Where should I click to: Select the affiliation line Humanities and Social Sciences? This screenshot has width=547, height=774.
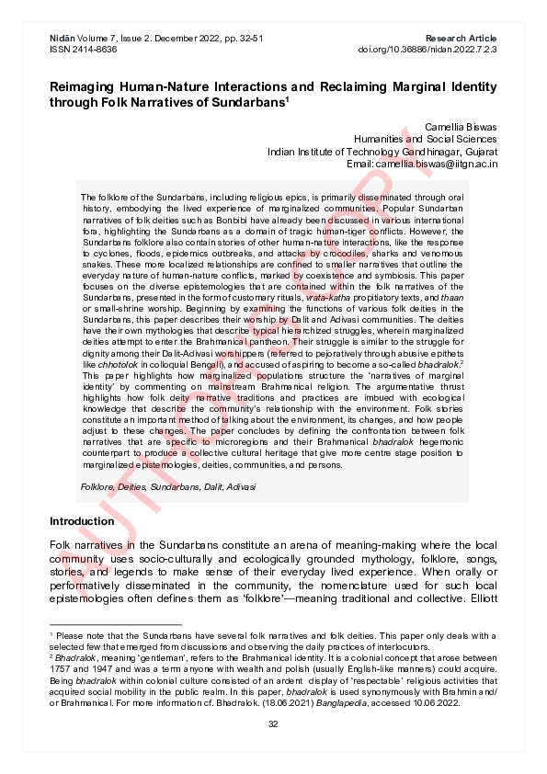tap(426, 139)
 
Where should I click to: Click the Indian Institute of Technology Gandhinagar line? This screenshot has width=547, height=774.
tap(382, 152)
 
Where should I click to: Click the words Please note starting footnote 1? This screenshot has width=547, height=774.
tap(76, 636)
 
